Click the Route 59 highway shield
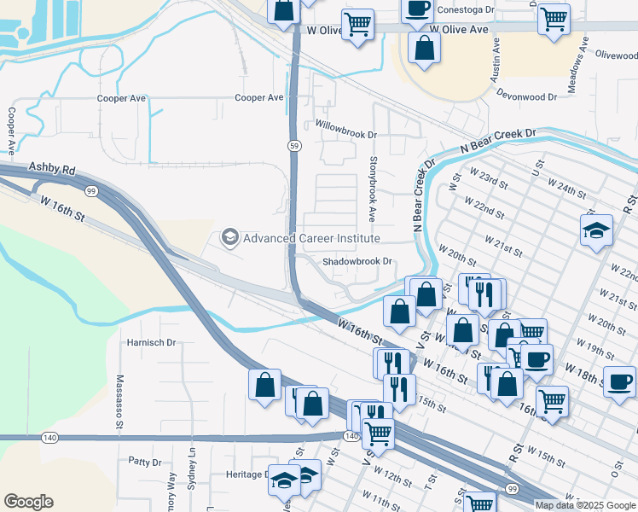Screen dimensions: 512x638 pos(293,146)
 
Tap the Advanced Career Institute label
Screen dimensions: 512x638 pos(311,238)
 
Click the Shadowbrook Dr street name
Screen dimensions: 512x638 pos(357,262)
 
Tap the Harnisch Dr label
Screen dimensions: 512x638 pos(151,342)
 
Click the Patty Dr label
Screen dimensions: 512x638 pos(144,462)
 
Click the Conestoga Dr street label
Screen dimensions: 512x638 pos(465,10)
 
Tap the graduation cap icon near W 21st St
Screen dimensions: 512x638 pos(596,230)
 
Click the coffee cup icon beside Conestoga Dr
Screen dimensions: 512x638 pos(417,9)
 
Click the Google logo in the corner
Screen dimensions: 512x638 pos(28,502)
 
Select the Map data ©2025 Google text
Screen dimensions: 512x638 pos(585,505)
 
